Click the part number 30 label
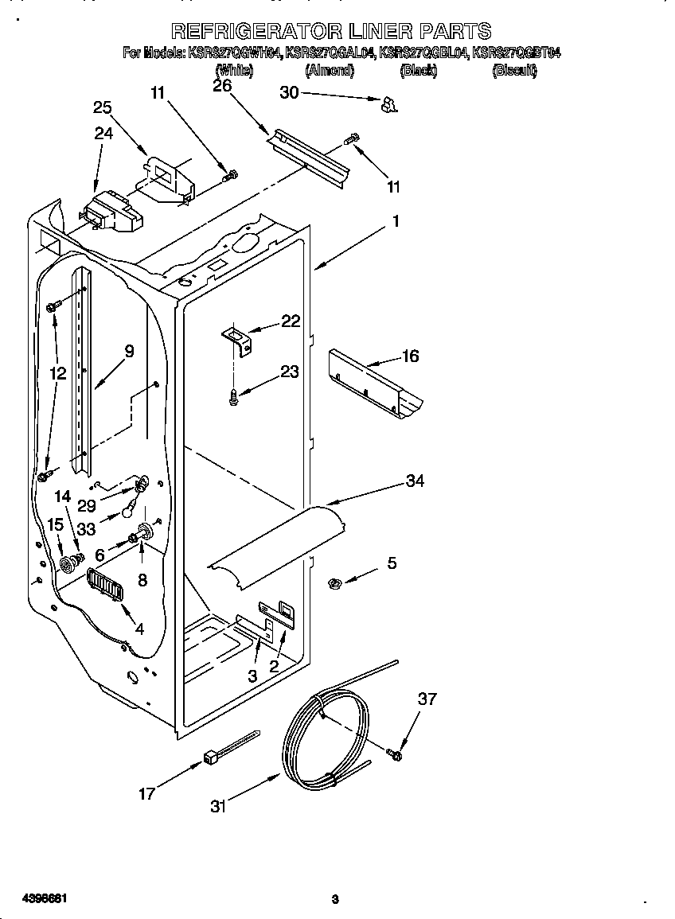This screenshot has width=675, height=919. (x=289, y=92)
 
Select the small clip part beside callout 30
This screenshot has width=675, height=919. (x=389, y=103)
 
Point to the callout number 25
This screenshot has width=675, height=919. (x=102, y=109)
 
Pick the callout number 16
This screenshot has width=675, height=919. (x=410, y=356)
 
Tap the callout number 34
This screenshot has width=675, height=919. (x=415, y=481)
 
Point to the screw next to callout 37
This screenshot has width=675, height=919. (x=393, y=752)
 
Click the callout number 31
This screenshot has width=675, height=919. (x=218, y=806)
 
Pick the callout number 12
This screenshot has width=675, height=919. (x=58, y=372)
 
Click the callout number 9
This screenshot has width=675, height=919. (x=129, y=349)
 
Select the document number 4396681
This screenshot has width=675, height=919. (x=34, y=898)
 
